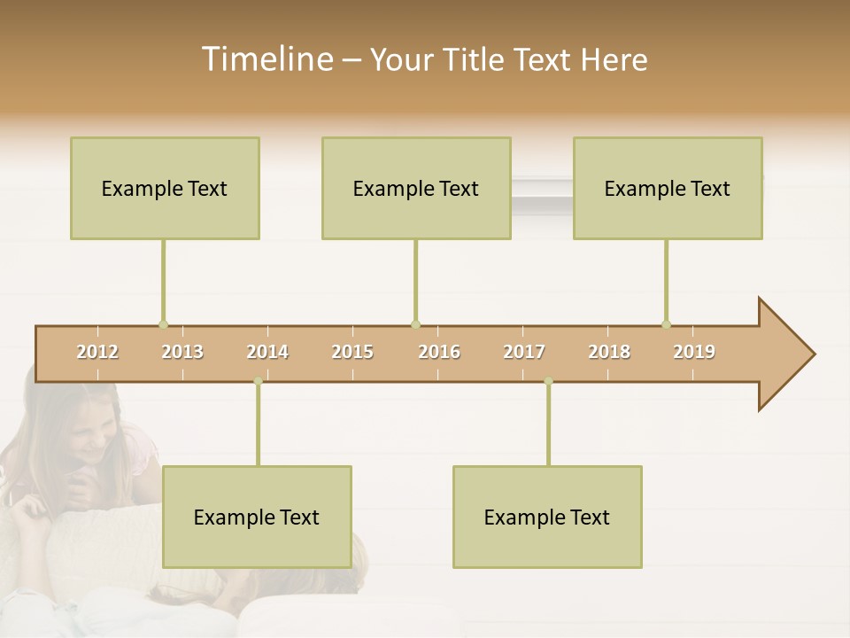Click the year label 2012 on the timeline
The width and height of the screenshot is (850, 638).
(97, 352)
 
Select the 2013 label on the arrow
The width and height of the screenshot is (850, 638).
(182, 352)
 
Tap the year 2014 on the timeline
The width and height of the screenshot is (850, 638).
(267, 352)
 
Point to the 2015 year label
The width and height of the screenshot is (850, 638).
(352, 352)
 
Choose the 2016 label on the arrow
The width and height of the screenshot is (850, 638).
(439, 352)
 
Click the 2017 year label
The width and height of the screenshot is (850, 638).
(524, 352)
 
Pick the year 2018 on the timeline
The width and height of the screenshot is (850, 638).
(609, 352)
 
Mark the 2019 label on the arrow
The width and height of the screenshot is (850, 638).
(694, 352)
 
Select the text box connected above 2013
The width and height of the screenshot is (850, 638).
(165, 188)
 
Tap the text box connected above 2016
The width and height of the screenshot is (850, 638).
(416, 188)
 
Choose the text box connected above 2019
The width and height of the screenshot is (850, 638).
(668, 188)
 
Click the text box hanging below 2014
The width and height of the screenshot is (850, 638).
(257, 517)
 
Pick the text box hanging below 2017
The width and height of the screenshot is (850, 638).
(547, 517)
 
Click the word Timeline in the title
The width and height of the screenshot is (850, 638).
(266, 58)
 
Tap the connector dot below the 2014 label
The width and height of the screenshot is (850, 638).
(258, 381)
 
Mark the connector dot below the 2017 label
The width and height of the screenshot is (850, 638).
(548, 381)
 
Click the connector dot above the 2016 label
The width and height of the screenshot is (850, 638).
(415, 324)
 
